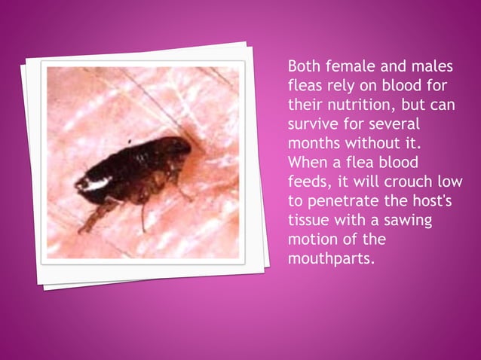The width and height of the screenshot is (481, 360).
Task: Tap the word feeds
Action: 309,182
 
